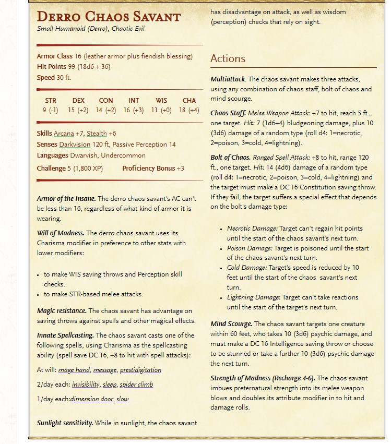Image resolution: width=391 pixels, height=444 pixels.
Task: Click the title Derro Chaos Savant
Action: point(109,16)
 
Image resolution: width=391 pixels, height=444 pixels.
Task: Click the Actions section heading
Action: point(228,58)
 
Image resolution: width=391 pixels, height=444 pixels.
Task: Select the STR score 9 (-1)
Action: point(51,110)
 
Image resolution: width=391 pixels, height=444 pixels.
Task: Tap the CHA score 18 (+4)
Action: point(189,110)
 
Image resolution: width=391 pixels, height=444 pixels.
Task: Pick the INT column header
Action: point(134,100)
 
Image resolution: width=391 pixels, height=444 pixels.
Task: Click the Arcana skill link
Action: point(64,134)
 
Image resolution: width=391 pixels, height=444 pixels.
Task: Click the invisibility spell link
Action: point(86,385)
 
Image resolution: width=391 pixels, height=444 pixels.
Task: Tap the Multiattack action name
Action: point(228,79)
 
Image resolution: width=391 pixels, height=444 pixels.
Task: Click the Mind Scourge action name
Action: point(231,324)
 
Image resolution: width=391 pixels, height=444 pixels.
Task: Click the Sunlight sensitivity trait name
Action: point(65,423)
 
